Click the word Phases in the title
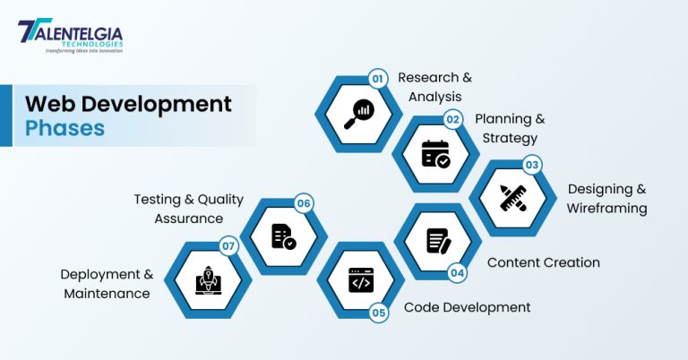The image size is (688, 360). tap(64, 128)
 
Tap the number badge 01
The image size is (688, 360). tap(377, 79)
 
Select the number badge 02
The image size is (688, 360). tap(453, 118)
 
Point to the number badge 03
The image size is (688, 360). tap(531, 165)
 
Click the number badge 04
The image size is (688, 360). tap(457, 273)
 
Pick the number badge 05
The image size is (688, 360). tap(379, 313)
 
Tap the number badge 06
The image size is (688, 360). tap(304, 204)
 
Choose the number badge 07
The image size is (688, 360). tap(228, 244)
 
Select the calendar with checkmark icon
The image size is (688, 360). tap(436, 153)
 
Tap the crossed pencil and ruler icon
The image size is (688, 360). tap(514, 197)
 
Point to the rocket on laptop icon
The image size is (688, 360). tap(208, 279)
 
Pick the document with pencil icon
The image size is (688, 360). tap(438, 240)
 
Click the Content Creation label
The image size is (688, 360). tap(543, 262)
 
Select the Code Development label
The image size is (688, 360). tap(467, 307)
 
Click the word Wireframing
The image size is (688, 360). tap(606, 209)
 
